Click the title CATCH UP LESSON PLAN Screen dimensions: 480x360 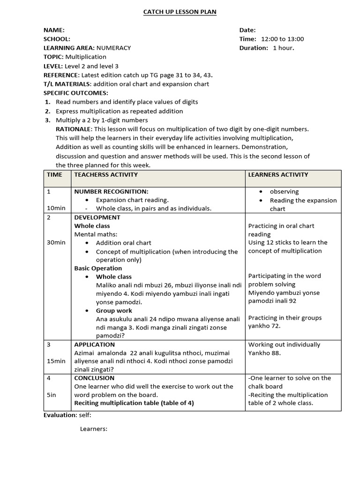[x=180, y=12]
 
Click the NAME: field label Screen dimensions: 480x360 [x=54, y=30]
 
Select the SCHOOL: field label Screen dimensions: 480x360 [x=57, y=39]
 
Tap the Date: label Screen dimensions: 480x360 [x=247, y=30]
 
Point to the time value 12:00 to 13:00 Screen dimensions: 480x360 [x=283, y=39]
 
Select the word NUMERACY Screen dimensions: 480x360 [x=114, y=48]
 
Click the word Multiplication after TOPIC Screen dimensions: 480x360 [x=86, y=57]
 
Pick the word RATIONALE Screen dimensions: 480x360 [x=74, y=129]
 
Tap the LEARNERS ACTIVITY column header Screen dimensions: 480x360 [x=278, y=174]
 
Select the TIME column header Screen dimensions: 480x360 [x=54, y=174]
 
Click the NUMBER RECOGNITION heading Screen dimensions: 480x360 [x=111, y=191]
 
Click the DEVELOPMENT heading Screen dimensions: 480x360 [x=97, y=217]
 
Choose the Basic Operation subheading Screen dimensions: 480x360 [x=98, y=268]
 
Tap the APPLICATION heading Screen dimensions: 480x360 [x=94, y=345]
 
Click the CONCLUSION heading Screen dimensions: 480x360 [x=94, y=378]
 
